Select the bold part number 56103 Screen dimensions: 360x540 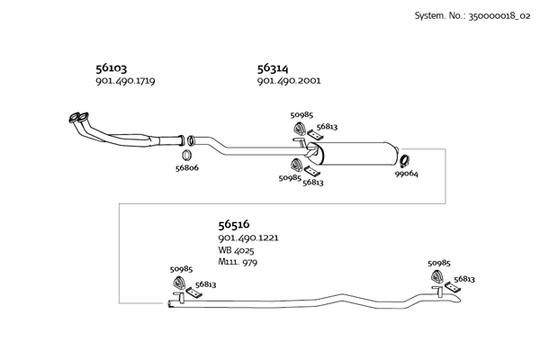pyautogui.click(x=111, y=67)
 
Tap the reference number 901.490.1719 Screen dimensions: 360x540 pyautogui.click(x=125, y=81)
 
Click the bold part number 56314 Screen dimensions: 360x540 pyautogui.click(x=273, y=67)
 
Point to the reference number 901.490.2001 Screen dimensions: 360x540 pyautogui.click(x=289, y=81)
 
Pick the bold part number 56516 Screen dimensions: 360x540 pyautogui.click(x=233, y=224)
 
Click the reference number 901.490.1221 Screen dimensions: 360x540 pyautogui.click(x=248, y=238)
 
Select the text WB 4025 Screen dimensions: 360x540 pyautogui.click(x=237, y=250)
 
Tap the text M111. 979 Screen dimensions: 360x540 pyautogui.click(x=238, y=263)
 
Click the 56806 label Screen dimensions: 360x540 pyautogui.click(x=187, y=167)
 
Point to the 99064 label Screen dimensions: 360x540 pyautogui.click(x=407, y=175)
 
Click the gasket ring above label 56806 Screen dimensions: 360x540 pyautogui.click(x=190, y=140)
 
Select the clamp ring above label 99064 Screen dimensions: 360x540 pyautogui.click(x=405, y=160)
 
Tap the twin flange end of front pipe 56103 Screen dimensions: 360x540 pyautogui.click(x=78, y=118)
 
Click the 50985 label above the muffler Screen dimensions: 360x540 pyautogui.click(x=301, y=114)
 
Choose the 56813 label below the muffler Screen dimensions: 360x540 pyautogui.click(x=313, y=183)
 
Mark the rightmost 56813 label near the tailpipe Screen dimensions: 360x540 pyautogui.click(x=465, y=279)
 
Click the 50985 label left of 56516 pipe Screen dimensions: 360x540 pyautogui.click(x=182, y=268)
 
